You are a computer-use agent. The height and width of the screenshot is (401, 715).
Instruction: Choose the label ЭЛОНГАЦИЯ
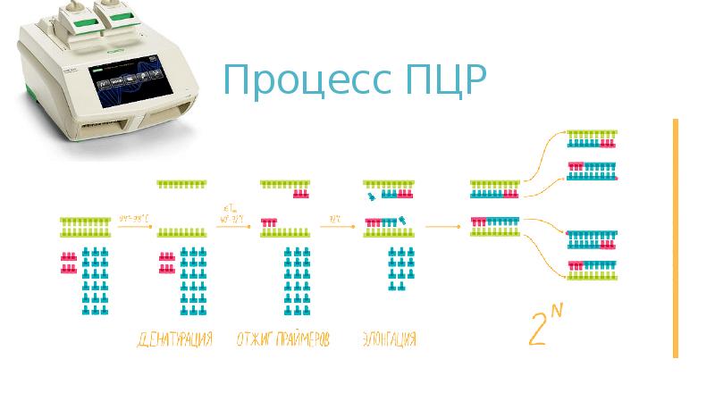tap(390, 340)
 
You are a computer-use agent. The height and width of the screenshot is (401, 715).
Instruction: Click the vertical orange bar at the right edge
tap(676, 238)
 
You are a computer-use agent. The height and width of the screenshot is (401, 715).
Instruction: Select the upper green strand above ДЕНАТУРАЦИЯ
tap(183, 184)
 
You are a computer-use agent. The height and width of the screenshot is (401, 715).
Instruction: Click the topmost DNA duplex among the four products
tap(592, 138)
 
